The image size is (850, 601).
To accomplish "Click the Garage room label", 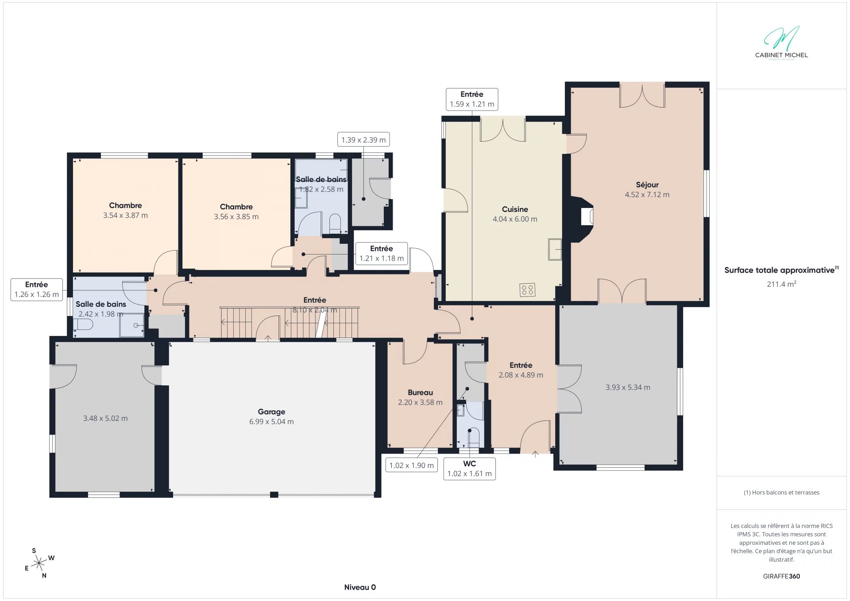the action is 271,412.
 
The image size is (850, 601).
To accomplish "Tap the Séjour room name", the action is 647,185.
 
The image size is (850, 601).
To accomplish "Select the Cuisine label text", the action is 515,209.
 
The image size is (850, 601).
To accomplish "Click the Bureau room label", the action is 420,393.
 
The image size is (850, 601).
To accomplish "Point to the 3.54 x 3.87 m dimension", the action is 125,216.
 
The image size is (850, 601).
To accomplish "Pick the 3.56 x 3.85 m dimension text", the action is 236,217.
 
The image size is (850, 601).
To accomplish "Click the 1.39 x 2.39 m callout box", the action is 363,140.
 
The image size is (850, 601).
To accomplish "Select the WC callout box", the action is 470,469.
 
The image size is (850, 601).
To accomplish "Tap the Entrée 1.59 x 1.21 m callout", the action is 472,99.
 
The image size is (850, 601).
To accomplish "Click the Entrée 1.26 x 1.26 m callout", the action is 37,289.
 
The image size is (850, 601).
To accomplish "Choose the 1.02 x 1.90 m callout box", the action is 412,465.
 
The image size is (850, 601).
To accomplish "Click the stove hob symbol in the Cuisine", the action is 527,290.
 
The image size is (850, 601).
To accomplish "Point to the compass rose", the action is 39,563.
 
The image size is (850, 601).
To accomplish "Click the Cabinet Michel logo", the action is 781,42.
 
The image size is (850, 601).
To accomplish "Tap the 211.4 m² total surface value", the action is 781,284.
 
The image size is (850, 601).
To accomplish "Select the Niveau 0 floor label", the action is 360,587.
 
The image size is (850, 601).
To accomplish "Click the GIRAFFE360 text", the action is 781,576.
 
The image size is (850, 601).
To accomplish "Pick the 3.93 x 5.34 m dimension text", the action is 628,387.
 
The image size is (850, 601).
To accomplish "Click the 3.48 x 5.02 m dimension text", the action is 105,418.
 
